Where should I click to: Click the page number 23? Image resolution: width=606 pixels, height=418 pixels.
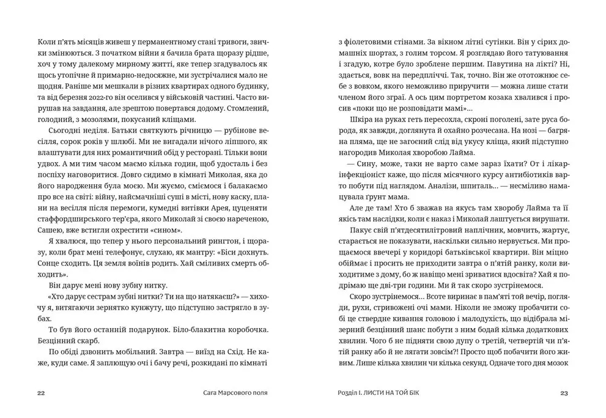click(x=564, y=393)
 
